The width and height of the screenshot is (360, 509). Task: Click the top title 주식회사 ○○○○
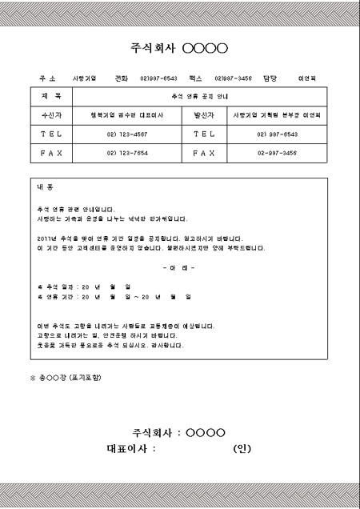[179, 49]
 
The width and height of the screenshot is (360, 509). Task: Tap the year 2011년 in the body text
[48, 238]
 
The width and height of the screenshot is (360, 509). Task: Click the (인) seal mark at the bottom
[242, 449]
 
